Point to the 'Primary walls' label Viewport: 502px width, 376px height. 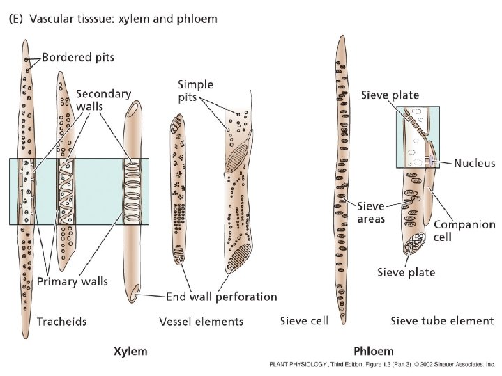72,281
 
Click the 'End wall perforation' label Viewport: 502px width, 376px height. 221,297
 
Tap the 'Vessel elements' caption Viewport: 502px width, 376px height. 201,321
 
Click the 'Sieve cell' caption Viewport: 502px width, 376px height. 303,321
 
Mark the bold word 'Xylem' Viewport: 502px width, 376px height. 130,351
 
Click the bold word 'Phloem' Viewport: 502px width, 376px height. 373,351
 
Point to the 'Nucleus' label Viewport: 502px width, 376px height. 473,164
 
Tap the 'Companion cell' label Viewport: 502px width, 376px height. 464,230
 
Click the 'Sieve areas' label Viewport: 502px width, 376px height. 372,212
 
